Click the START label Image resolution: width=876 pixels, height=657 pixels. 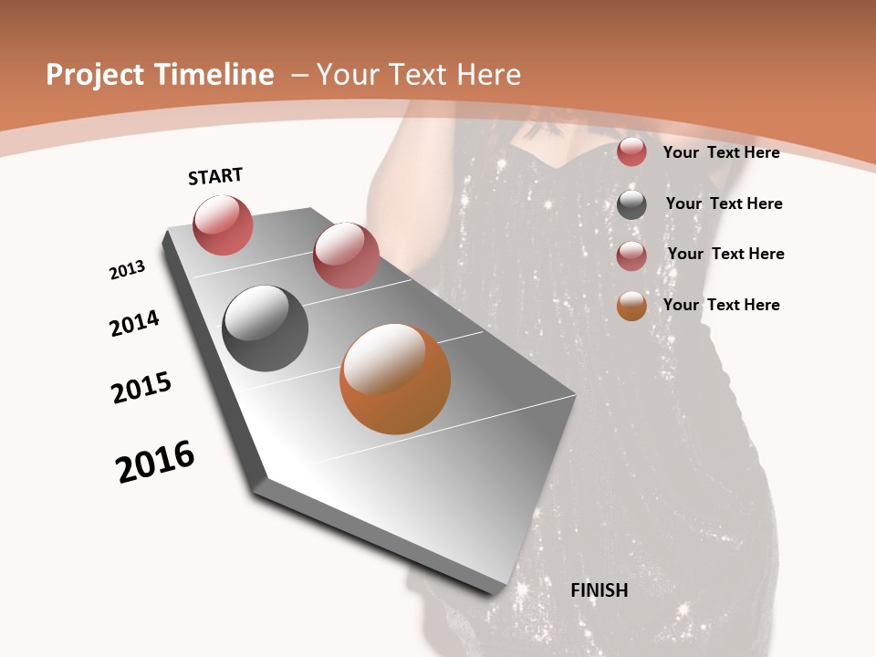215,176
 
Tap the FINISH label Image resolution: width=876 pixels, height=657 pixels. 600,590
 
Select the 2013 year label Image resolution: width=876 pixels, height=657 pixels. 128,270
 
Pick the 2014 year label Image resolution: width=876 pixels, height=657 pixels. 135,323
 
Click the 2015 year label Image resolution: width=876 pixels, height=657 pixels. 141,388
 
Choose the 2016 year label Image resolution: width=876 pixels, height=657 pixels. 155,462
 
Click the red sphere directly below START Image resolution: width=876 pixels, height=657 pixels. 223,224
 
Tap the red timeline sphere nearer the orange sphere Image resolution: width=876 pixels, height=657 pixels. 346,255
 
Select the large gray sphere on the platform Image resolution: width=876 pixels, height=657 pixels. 265,328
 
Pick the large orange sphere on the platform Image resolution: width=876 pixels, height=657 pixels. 395,379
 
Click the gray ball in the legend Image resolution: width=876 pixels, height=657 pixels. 631,204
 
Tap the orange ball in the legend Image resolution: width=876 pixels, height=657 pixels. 631,306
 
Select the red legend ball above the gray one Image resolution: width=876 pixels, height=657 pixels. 631,151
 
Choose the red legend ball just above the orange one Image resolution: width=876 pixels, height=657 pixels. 631,255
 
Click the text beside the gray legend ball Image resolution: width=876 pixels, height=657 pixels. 725,203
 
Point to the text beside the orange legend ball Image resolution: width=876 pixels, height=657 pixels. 722,305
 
